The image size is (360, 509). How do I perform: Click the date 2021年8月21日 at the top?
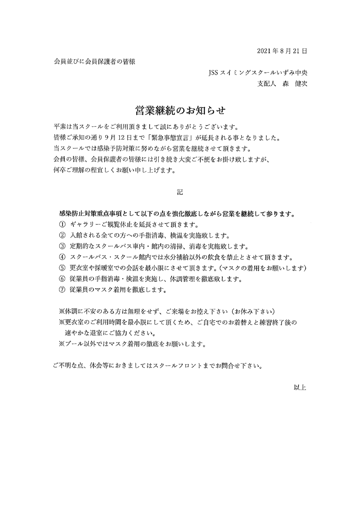[282, 51]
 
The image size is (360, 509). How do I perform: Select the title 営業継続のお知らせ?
[180, 110]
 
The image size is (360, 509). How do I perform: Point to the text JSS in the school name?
[213, 73]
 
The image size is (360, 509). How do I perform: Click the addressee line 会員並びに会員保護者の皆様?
[95, 62]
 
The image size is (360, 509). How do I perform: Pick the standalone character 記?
[180, 192]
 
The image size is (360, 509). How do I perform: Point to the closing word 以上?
[300, 388]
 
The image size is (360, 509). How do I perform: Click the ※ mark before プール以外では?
[61, 344]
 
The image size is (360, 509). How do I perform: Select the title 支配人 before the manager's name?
[266, 83]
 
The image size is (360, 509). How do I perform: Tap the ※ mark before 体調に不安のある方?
[61, 312]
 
